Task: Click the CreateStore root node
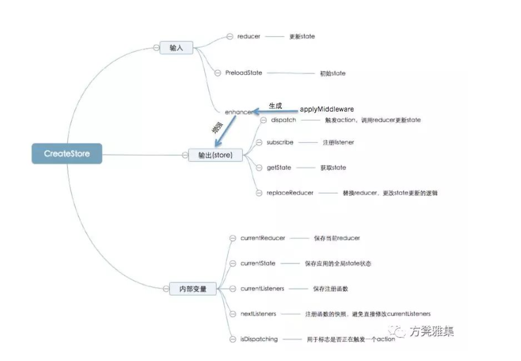(x=67, y=153)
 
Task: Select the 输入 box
(x=176, y=48)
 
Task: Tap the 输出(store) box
(x=215, y=155)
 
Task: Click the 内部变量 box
(x=193, y=289)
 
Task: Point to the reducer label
(x=249, y=36)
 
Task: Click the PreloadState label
(x=244, y=73)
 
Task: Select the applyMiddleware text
(x=327, y=109)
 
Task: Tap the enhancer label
(x=238, y=112)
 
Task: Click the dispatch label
(x=283, y=120)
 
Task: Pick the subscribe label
(x=280, y=142)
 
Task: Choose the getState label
(x=279, y=167)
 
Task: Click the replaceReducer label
(x=290, y=193)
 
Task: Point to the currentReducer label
(x=263, y=238)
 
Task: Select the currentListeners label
(x=262, y=289)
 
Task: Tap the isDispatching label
(x=259, y=339)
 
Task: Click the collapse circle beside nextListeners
(x=233, y=314)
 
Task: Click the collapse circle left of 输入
(x=156, y=48)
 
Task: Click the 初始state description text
(x=332, y=73)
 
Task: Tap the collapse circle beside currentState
(x=233, y=263)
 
